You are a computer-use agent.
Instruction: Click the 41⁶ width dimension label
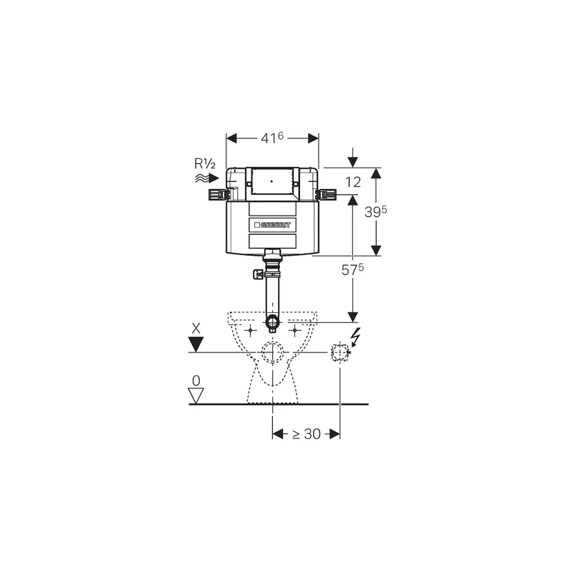pos(272,138)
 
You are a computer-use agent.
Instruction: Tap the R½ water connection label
pos(205,164)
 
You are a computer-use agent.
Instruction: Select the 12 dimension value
pos(353,182)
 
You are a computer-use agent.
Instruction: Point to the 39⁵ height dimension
pos(375,211)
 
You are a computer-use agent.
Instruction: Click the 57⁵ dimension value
pos(352,269)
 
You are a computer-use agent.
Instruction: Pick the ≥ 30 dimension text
pos(307,434)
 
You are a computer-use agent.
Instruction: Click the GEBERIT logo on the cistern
pos(273,225)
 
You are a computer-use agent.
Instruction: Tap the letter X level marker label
pos(196,329)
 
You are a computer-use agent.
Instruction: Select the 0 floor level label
pos(196,381)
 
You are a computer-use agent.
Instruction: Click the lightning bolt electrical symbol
pos(355,337)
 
